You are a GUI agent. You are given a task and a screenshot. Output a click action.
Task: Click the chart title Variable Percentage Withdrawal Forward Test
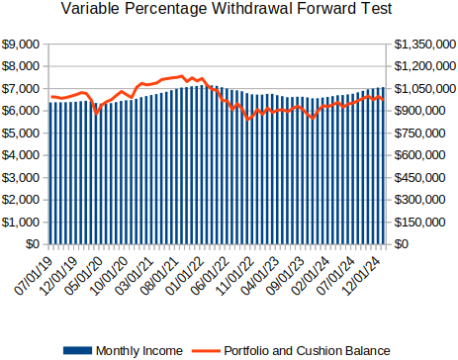point(227,9)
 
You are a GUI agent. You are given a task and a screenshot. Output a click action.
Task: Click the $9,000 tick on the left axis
point(21,45)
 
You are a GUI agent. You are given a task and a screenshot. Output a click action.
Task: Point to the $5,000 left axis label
point(21,134)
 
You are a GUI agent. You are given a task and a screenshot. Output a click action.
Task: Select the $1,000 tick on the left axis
point(21,223)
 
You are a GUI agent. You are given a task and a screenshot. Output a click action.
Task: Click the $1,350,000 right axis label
point(425,45)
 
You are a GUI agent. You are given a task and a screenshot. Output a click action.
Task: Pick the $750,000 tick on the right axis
point(419,134)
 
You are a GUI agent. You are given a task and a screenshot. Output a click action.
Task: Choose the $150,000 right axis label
point(419,223)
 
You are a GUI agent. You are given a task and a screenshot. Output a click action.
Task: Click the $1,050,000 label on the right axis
point(425,89)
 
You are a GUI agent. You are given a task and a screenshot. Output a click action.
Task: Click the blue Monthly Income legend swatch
point(77,350)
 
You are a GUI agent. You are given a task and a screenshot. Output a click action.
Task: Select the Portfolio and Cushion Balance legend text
point(307,351)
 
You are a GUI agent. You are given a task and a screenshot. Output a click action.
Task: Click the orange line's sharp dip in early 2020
point(96,114)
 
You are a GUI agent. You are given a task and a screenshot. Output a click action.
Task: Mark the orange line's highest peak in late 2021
point(182,76)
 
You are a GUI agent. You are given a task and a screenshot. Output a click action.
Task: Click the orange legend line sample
point(207,350)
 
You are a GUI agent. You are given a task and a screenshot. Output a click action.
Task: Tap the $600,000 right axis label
point(419,155)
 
